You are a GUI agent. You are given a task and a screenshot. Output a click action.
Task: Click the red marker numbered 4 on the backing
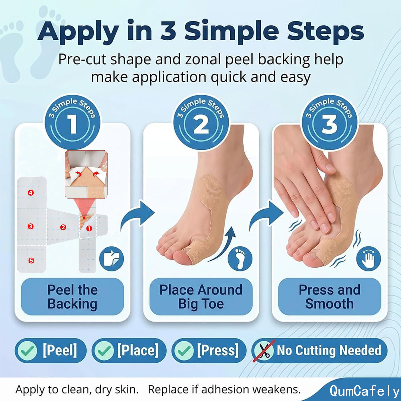click(31, 193)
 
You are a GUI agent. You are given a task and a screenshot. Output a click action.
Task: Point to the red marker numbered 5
click(31, 260)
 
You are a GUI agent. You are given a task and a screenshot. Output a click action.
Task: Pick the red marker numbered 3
click(31, 226)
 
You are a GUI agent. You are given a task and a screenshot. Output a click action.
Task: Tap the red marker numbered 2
click(63, 227)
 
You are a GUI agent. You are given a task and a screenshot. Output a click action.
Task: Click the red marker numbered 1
click(89, 228)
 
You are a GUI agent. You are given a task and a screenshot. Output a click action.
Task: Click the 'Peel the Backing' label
click(72, 297)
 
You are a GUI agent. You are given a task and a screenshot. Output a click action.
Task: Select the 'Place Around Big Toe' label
click(201, 297)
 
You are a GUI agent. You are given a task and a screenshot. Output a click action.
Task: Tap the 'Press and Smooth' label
click(330, 297)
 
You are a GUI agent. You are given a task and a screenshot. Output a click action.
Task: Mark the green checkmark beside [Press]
click(184, 350)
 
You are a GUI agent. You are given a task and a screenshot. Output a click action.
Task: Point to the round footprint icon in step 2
click(240, 258)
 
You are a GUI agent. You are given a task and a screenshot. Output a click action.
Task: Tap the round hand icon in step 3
click(368, 258)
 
